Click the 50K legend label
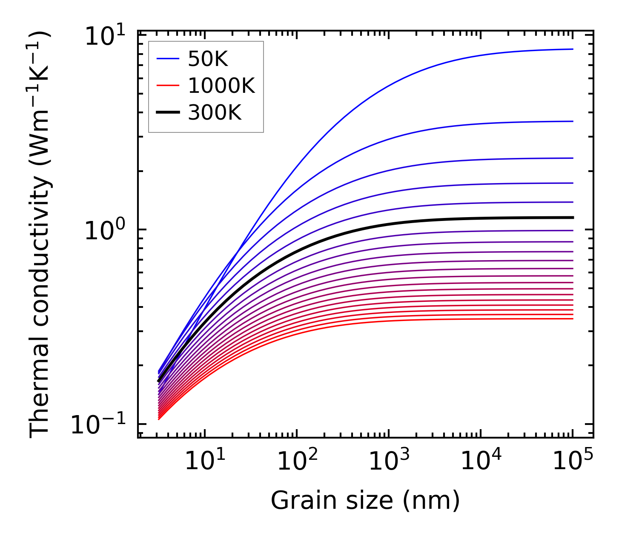point(208,60)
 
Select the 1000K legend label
point(221,86)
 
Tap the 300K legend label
point(215,113)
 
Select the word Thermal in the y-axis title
point(40,392)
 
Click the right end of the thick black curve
point(573,218)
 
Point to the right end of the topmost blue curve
point(573,49)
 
